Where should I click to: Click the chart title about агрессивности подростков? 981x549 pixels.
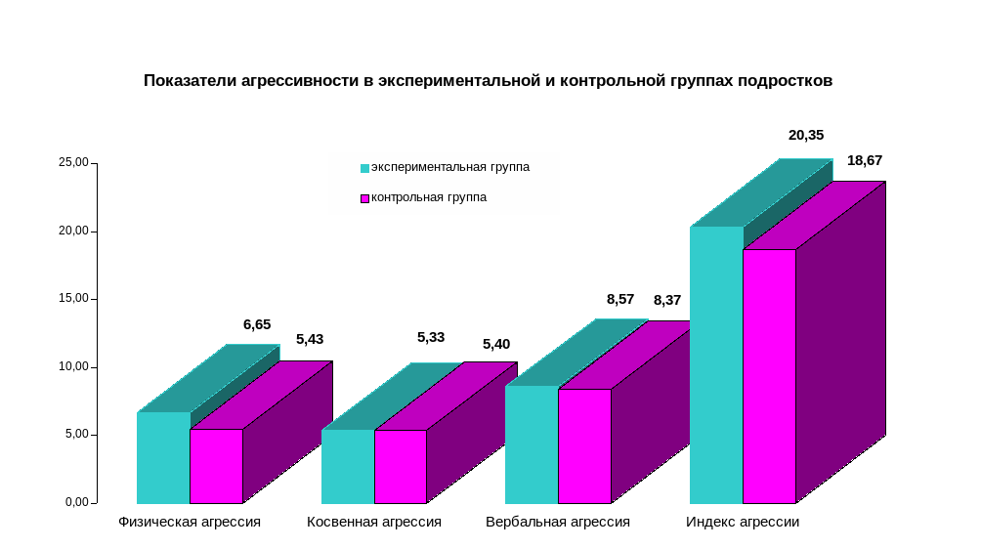(x=488, y=81)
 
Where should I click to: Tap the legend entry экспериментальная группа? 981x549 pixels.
(x=449, y=167)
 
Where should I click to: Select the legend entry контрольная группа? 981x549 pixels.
(x=428, y=197)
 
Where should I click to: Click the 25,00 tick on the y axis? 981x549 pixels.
(x=73, y=163)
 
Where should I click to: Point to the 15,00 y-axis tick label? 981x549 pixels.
(x=73, y=299)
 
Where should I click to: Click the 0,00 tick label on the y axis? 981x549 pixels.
(x=77, y=502)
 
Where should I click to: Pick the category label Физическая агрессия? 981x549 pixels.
(x=190, y=523)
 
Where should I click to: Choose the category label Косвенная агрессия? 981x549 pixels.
(x=374, y=523)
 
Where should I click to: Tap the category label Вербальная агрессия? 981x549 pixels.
(x=558, y=523)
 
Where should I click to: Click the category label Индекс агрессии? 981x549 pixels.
(x=743, y=523)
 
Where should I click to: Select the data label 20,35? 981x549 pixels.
(x=806, y=135)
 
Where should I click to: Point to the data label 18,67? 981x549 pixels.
(x=865, y=160)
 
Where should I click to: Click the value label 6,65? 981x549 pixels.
(x=257, y=324)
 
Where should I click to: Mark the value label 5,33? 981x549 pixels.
(x=431, y=337)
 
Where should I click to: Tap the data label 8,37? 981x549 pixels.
(x=667, y=300)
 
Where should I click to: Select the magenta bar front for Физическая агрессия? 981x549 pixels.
(x=216, y=466)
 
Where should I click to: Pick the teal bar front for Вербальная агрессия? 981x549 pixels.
(x=532, y=444)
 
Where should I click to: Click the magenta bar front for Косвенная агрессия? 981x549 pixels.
(x=400, y=466)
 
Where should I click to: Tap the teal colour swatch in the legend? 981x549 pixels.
(x=364, y=168)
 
